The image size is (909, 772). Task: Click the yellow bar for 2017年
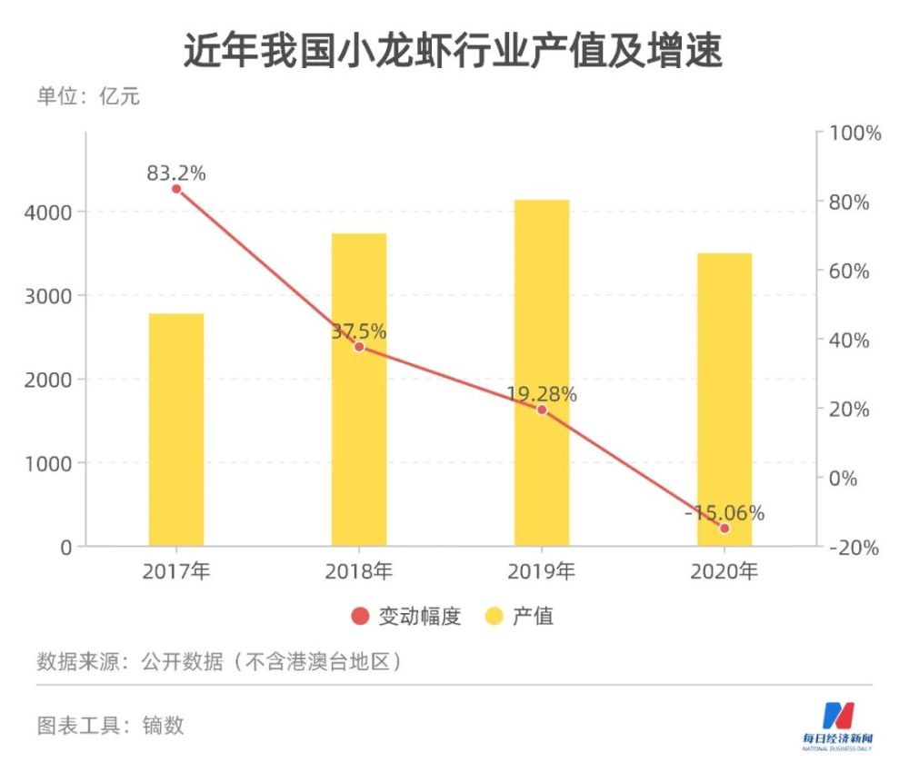176,430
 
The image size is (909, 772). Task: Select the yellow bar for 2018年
359,390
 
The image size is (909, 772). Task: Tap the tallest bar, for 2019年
542,372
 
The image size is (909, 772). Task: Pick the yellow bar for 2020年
724,400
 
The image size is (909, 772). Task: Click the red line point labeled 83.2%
176,189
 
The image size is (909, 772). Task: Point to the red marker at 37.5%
359,347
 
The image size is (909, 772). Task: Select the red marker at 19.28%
542,410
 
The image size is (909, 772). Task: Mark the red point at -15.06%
724,528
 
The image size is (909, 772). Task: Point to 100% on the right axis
855,134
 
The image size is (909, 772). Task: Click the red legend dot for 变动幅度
360,617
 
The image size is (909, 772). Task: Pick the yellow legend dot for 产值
494,617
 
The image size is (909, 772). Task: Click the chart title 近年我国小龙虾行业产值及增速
454,52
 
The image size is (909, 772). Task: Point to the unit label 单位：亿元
88,96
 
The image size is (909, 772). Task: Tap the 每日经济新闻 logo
836,726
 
